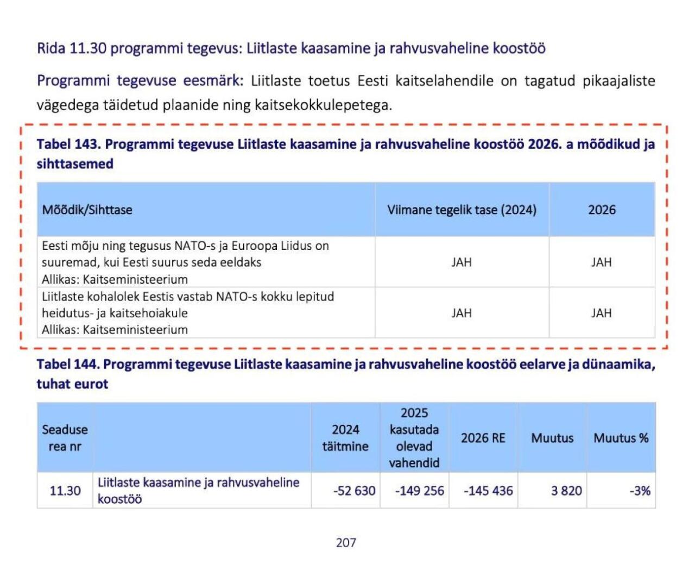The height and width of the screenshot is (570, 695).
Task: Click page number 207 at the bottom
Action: [346, 542]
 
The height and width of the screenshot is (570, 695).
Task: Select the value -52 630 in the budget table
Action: [354, 491]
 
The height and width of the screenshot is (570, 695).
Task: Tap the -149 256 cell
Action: [419, 491]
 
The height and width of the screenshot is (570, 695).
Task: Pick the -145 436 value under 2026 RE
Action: [488, 491]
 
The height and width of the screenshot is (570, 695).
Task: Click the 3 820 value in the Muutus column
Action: [566, 491]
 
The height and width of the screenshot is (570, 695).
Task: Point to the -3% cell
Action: [640, 491]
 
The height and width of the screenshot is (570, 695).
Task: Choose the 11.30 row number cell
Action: [65, 491]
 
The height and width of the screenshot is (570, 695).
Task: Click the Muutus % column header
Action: [621, 438]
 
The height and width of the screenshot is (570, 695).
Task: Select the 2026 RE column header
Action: [483, 438]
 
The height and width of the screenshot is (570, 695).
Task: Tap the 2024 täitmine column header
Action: [345, 438]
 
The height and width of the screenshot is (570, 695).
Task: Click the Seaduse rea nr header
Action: [65, 438]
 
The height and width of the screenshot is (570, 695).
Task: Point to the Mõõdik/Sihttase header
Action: [87, 210]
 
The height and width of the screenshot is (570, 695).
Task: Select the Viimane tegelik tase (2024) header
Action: [462, 210]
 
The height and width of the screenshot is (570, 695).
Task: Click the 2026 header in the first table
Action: [602, 210]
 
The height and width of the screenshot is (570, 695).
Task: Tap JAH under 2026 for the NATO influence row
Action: [601, 262]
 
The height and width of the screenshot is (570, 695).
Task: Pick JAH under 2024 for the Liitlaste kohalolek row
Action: [462, 313]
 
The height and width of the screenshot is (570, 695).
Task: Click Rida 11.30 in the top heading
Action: [71, 48]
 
